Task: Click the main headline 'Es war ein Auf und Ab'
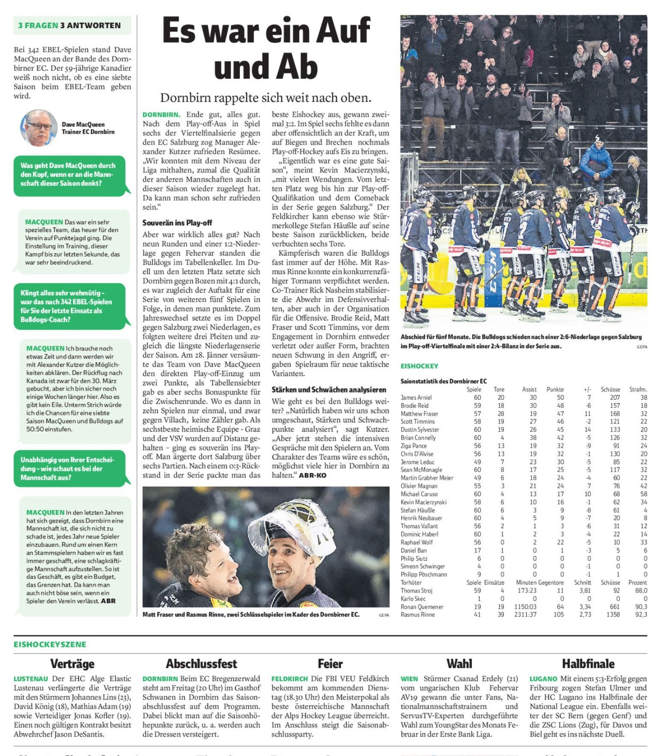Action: click(266, 48)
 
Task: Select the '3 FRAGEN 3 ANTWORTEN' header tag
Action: click(70, 26)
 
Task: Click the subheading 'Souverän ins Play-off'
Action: click(177, 223)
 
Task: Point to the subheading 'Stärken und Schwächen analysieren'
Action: click(329, 390)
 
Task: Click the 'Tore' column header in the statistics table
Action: click(499, 389)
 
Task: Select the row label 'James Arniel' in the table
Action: click(416, 397)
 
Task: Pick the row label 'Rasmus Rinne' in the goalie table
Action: click(418, 615)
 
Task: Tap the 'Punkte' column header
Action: click(555, 389)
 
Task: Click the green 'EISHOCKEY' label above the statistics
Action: click(419, 366)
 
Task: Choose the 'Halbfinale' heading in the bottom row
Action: click(588, 664)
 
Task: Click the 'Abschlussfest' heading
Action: click(201, 664)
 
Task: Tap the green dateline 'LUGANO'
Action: click(543, 679)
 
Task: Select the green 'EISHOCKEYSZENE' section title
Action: click(50, 644)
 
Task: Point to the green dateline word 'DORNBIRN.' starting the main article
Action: click(162, 115)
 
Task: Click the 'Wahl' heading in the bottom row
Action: click(459, 664)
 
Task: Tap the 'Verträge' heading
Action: click(72, 664)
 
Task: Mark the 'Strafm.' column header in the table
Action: click(638, 389)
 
